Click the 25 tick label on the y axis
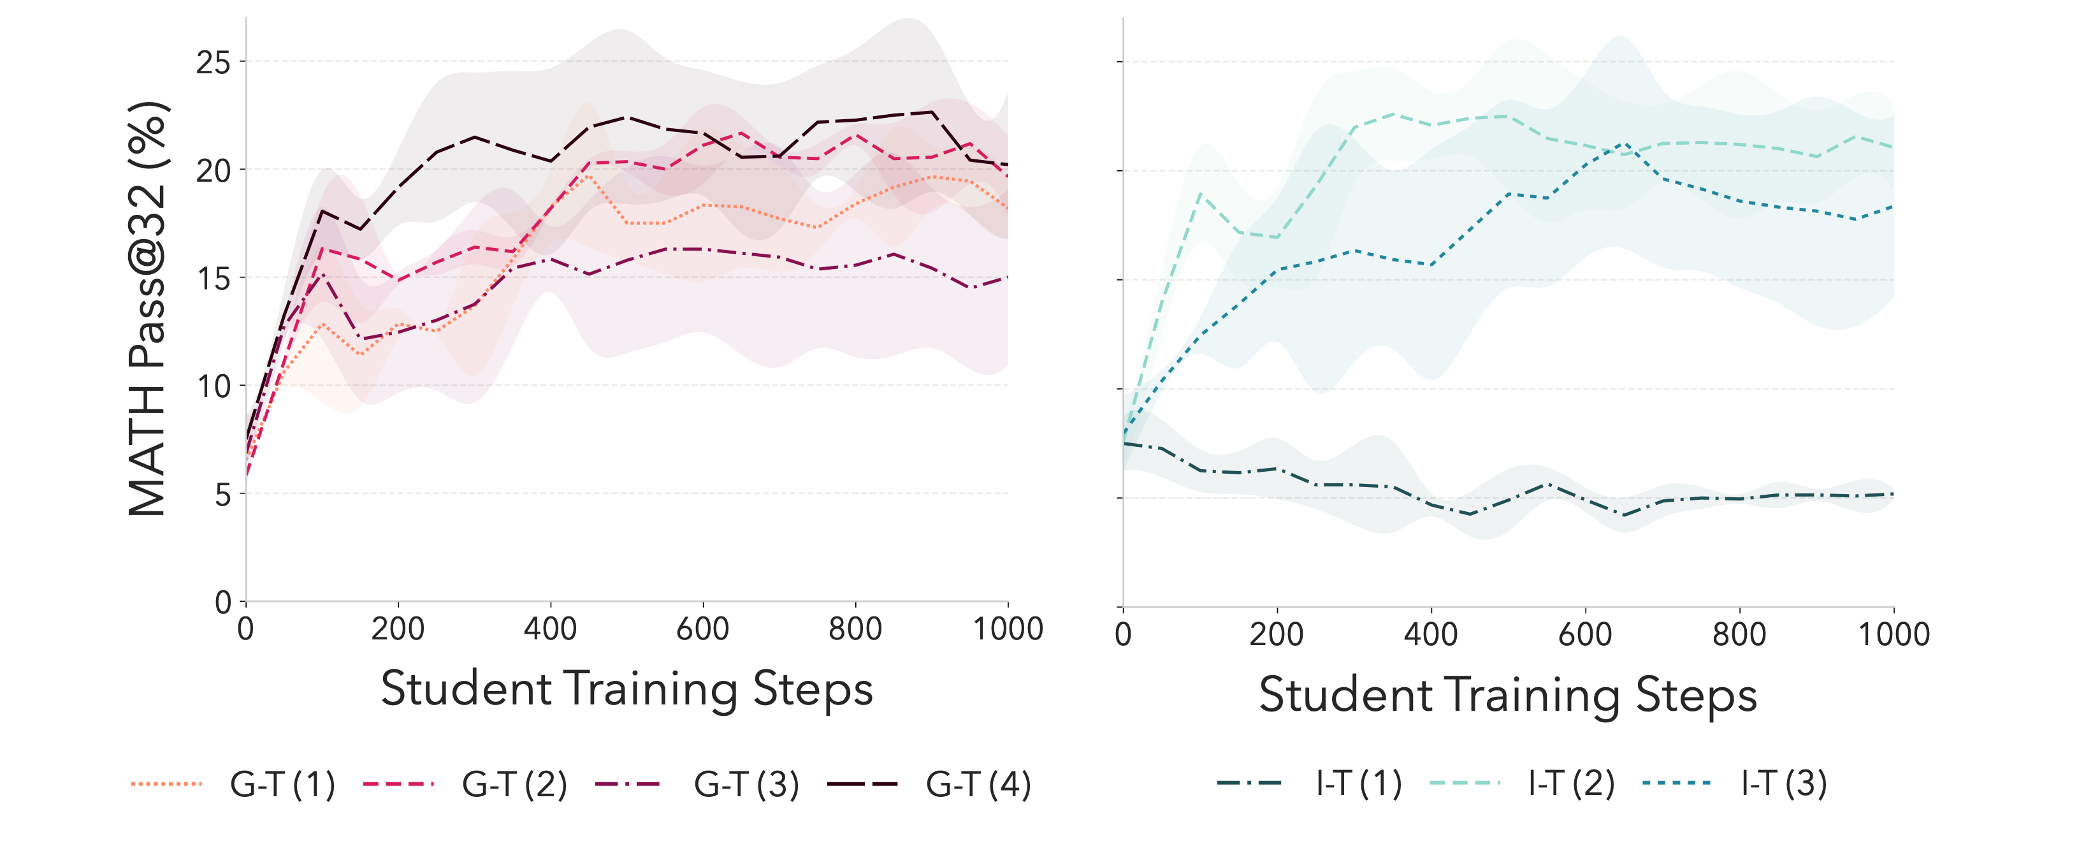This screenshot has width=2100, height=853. [x=214, y=62]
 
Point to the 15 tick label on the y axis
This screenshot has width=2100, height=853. [x=214, y=279]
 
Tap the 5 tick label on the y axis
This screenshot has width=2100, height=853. [x=222, y=495]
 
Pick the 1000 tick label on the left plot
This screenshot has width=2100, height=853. [x=1008, y=629]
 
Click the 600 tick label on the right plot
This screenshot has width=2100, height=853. [x=1585, y=634]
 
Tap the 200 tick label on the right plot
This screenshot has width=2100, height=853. [x=1277, y=634]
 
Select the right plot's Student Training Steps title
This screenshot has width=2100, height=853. [x=1507, y=695]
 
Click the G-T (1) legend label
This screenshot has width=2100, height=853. [x=282, y=785]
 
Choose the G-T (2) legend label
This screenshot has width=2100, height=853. [x=514, y=785]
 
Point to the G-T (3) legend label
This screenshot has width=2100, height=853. [x=746, y=785]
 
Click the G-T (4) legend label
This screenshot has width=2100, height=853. [x=978, y=785]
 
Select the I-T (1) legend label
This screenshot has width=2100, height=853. [x=1358, y=783]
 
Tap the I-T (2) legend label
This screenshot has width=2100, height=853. [x=1571, y=783]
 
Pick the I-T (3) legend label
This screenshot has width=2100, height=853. [x=1784, y=783]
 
